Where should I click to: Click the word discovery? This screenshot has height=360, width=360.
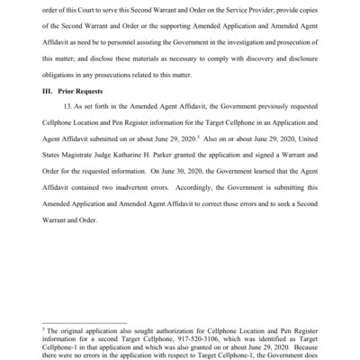coord(257,58)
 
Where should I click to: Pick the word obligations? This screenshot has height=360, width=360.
coord(59,76)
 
